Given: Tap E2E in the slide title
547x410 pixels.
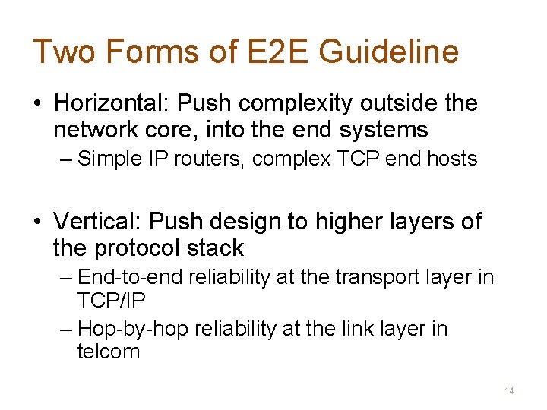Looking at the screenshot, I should point(273,52).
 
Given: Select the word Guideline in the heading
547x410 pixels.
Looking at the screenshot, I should point(388,52).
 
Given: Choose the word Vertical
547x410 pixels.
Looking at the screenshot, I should point(98,221).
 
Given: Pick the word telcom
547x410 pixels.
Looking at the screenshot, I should point(109,352).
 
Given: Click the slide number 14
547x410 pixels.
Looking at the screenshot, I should point(509,390).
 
